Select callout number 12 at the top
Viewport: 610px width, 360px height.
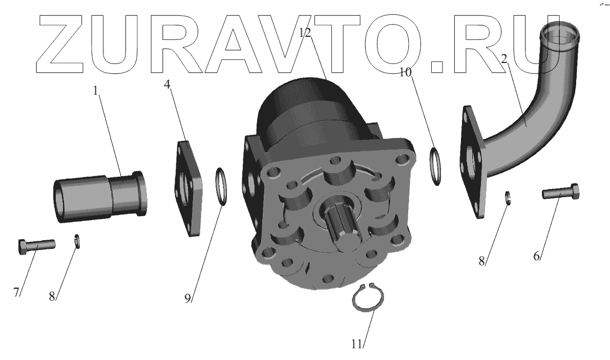tap(305, 33)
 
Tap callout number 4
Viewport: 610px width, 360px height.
tap(167, 84)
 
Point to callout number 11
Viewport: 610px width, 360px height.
tap(357, 344)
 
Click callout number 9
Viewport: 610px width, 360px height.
tap(188, 298)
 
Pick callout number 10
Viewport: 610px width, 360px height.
tap(405, 72)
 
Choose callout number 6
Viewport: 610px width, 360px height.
tap(536, 256)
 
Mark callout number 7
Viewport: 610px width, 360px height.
tap(16, 292)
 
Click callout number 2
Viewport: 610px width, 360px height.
tap(504, 59)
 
